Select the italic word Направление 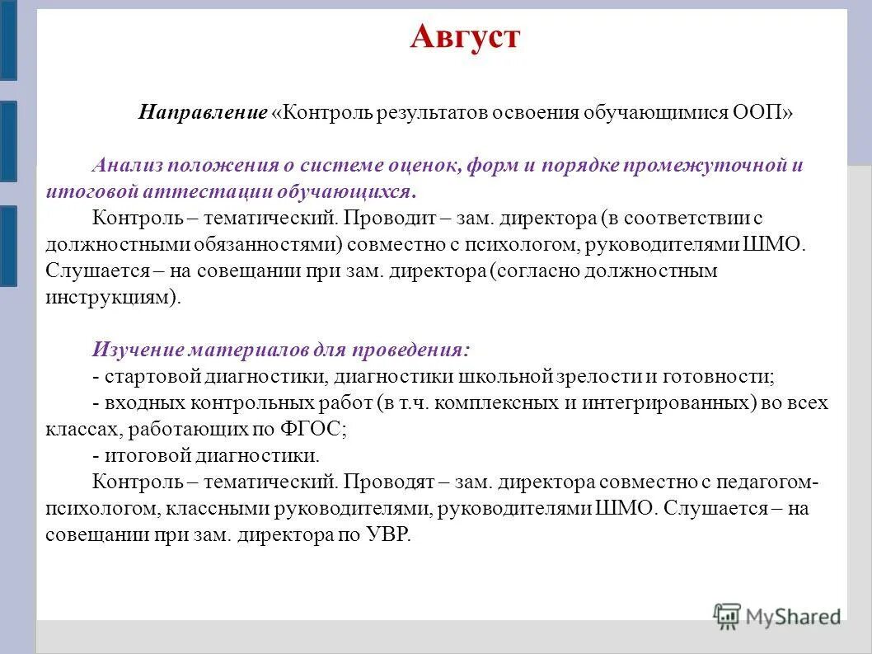pos(203,112)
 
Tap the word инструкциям pos(110,297)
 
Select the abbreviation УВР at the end pos(384,534)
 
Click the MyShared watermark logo pos(778,615)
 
